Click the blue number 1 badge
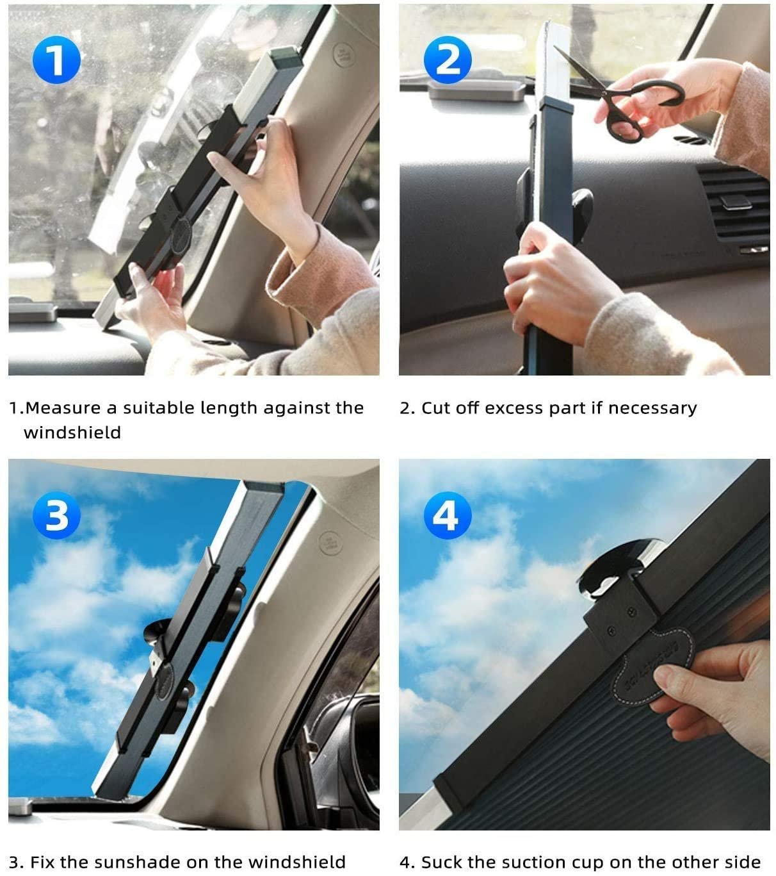coord(56,61)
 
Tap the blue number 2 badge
coord(448,61)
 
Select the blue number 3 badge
coord(56,515)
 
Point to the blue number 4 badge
coord(448,515)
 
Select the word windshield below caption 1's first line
coord(72,433)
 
